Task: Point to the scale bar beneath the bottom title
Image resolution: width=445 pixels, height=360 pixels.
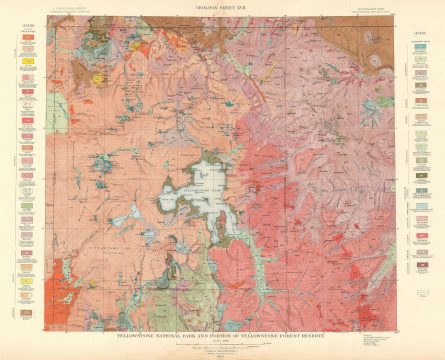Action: (222, 347)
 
